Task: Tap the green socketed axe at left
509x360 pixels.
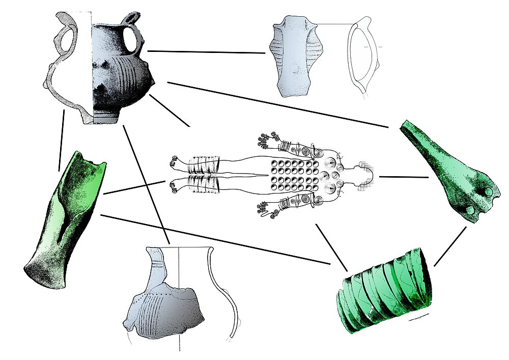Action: point(64,219)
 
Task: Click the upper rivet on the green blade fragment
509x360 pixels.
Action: point(488,192)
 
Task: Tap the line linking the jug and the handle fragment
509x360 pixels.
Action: point(206,51)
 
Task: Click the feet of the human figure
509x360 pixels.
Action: point(175,176)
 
